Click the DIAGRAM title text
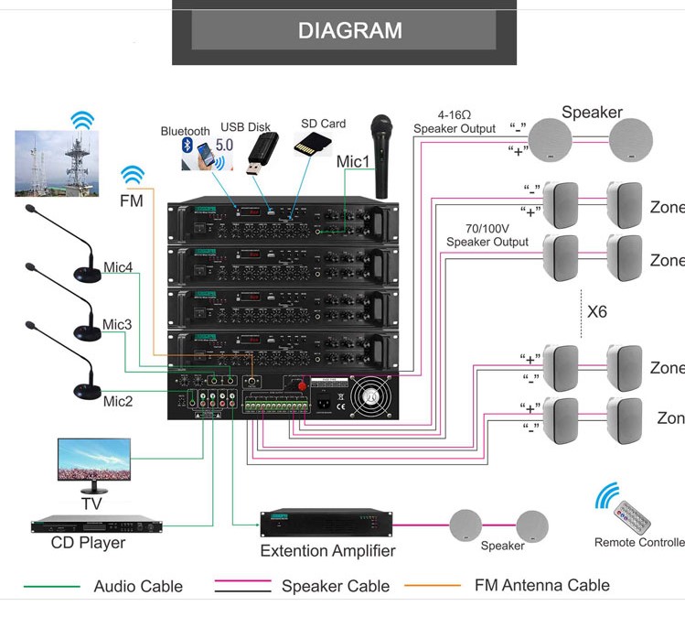point(349,30)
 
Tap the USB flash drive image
point(262,153)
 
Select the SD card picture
point(311,143)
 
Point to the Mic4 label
point(117,267)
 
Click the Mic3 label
point(117,324)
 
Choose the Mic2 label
point(117,401)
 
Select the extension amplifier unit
point(326,524)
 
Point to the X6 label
point(596,312)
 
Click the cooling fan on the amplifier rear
point(370,396)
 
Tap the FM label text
point(132,200)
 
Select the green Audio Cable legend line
point(51,586)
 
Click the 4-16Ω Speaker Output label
point(455,122)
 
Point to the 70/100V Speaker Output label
point(487,235)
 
